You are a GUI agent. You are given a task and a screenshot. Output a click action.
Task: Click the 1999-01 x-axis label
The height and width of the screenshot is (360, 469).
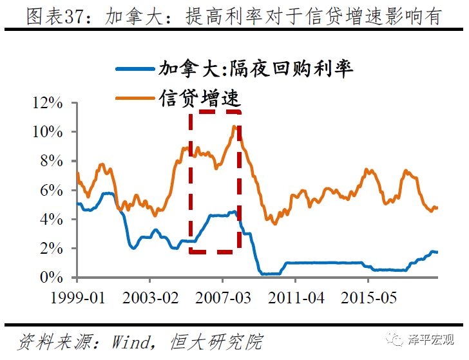pos(77,299)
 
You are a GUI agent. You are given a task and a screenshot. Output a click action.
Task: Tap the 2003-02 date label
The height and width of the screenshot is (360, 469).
pos(149,299)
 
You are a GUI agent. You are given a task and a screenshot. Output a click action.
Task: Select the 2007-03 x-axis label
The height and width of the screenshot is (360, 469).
pos(222,299)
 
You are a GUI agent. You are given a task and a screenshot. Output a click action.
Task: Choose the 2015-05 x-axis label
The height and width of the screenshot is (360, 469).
pos(368,299)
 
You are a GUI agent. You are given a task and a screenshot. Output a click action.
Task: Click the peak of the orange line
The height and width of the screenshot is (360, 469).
pos(235,126)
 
